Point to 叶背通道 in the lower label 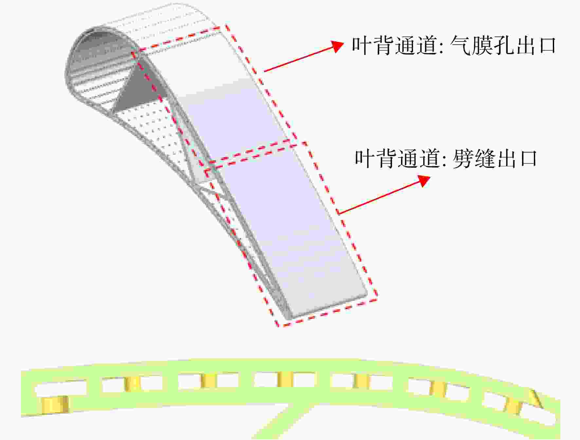pyautogui.click(x=397, y=159)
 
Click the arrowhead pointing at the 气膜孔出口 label pyautogui.click(x=336, y=46)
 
